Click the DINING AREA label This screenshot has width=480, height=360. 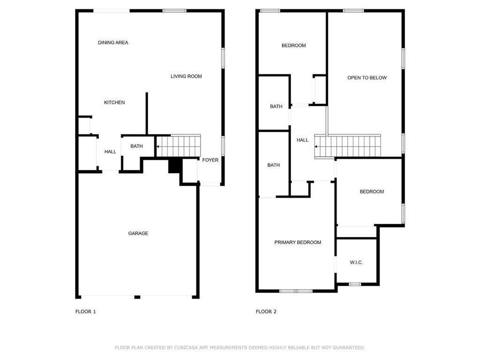tap(113, 43)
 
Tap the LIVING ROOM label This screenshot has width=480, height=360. tap(186, 76)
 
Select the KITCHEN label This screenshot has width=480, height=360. tap(114, 102)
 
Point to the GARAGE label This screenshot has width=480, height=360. tap(138, 233)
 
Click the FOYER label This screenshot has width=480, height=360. tap(210, 160)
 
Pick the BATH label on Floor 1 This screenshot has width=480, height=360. tap(136, 146)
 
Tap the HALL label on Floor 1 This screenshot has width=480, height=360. tap(110, 151)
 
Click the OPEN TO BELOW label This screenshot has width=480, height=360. tap(367, 78)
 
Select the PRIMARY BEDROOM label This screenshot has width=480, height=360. tap(298, 242)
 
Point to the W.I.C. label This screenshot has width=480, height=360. tap(356, 262)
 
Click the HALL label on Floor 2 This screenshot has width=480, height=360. tap(302, 140)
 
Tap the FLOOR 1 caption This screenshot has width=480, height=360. tap(85, 312)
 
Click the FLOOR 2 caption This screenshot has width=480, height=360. tap(266, 312)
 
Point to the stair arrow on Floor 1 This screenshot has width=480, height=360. tap(158, 147)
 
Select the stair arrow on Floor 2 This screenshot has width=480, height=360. tap(316, 147)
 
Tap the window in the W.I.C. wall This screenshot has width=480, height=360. tap(355, 284)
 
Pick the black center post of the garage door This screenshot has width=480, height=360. tap(137, 297)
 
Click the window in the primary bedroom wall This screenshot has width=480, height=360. tap(296, 291)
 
